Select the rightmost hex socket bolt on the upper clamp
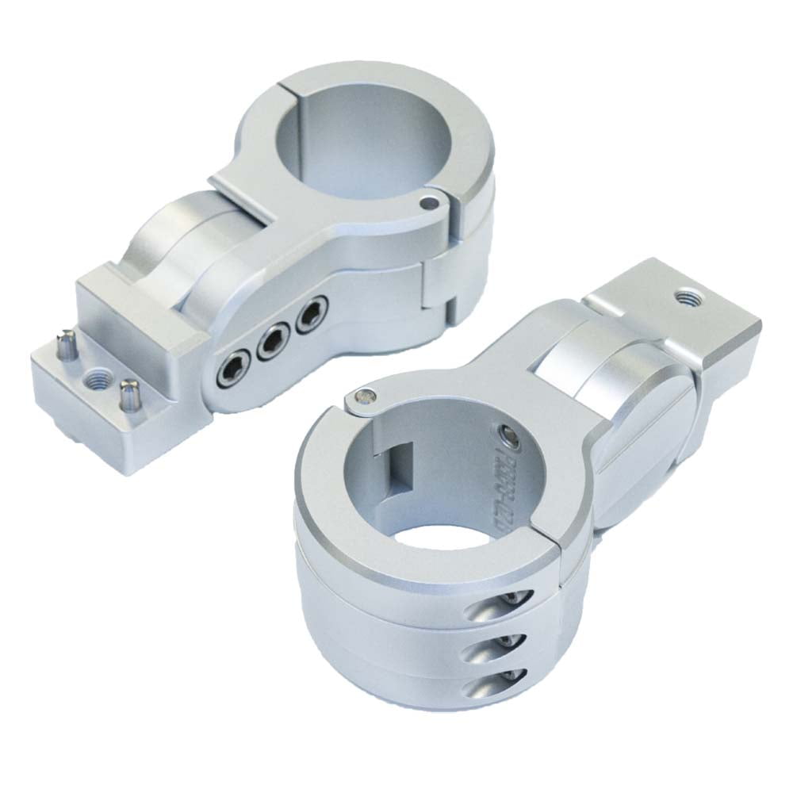(311, 313)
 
